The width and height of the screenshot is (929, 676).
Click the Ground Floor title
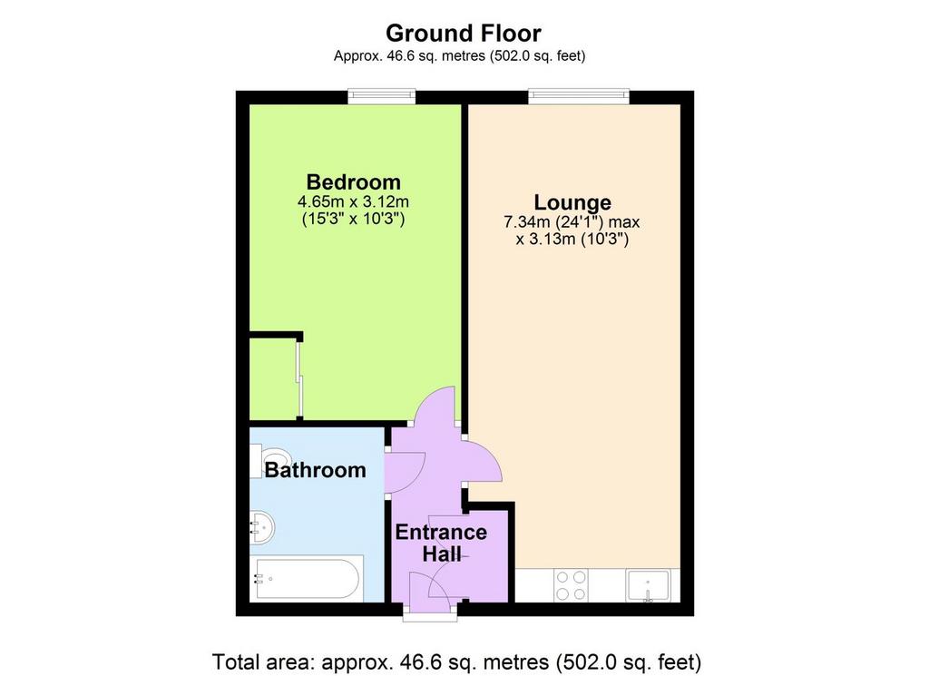point(464,34)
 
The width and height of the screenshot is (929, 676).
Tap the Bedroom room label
point(353,181)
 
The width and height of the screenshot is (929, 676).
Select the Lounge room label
point(572,202)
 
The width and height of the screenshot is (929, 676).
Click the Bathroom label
point(315,470)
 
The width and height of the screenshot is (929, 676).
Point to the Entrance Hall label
point(442,543)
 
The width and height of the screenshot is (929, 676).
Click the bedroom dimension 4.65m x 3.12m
point(353,201)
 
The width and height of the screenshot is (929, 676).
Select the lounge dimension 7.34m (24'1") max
point(572,223)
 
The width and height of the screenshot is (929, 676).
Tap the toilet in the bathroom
point(270,460)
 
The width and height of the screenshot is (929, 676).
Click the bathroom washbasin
point(262,525)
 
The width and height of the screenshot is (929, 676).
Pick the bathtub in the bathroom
point(305,578)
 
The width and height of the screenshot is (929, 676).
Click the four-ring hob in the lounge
point(572,584)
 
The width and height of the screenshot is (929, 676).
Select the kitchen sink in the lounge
point(649,585)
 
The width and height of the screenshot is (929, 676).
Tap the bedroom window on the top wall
point(382,96)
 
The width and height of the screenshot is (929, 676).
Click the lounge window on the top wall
point(579,96)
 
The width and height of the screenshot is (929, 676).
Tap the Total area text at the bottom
point(456,661)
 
